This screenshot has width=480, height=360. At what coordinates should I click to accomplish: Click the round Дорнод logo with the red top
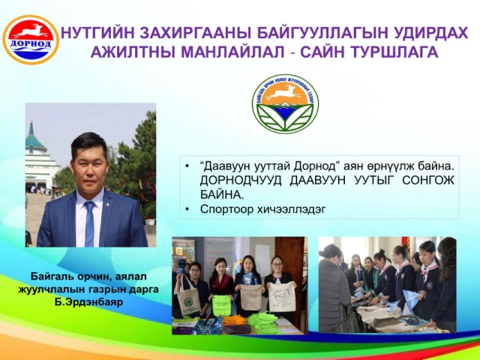[x=31, y=40]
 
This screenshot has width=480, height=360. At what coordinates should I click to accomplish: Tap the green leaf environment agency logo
[x=285, y=103]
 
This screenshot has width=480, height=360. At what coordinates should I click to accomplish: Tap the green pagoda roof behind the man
[x=34, y=138]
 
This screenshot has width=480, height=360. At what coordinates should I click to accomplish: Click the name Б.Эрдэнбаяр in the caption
[x=88, y=302]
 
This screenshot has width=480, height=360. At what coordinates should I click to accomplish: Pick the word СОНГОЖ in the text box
[x=428, y=181]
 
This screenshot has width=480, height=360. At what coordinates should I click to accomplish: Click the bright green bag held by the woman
[x=222, y=305]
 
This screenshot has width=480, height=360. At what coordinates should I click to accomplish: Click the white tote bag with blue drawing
[x=282, y=296]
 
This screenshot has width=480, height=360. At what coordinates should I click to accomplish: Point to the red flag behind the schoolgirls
[x=406, y=247]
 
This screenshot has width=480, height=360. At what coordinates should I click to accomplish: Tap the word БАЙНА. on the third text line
[x=222, y=195]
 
